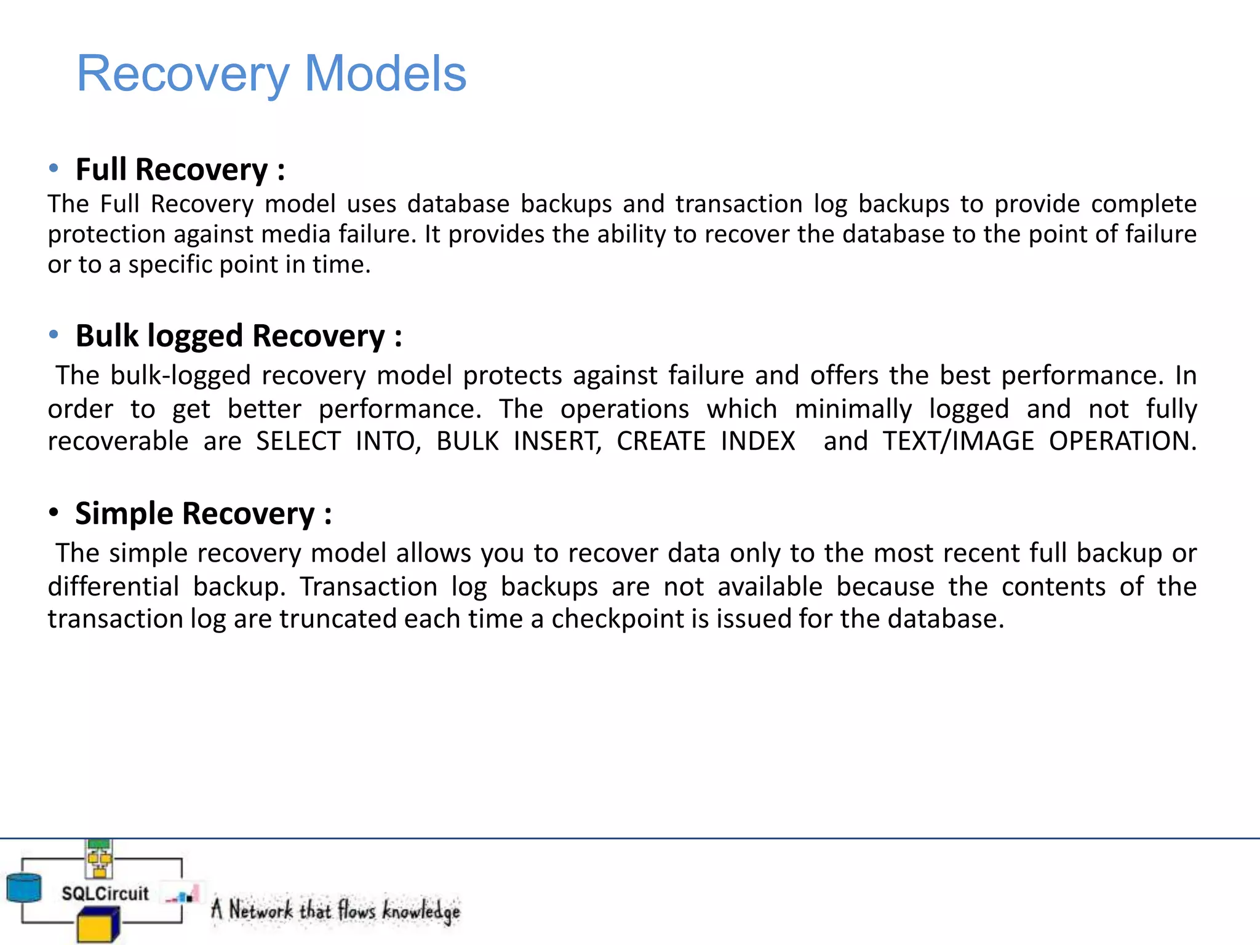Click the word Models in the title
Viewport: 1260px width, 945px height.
coord(385,74)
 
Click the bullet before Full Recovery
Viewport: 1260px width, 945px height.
coord(54,168)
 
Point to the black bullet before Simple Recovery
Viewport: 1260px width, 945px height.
coord(54,512)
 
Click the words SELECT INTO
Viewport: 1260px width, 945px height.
coord(338,442)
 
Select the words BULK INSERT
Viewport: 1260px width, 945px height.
coord(518,442)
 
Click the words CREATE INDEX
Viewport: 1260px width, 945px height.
coord(706,442)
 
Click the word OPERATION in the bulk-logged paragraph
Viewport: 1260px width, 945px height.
coord(1121,442)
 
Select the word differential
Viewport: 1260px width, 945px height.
coord(113,587)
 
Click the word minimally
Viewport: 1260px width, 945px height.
coord(853,409)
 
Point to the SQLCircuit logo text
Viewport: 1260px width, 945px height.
coord(105,893)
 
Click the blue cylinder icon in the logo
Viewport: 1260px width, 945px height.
coord(23,888)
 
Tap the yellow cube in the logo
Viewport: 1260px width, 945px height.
coord(97,927)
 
